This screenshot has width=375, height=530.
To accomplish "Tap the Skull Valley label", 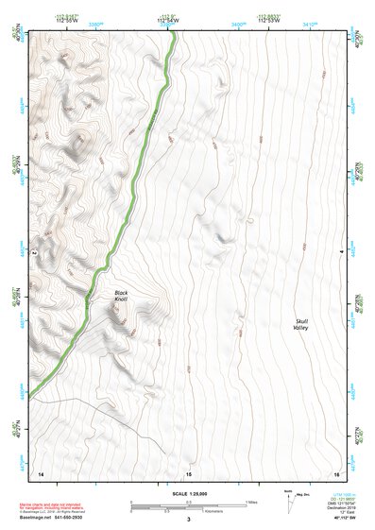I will tap(301, 324).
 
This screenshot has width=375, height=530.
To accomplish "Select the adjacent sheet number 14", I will tap(40, 471).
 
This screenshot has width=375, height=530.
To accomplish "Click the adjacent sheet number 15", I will tap(188, 471).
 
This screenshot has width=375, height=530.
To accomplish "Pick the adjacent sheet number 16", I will tap(335, 471).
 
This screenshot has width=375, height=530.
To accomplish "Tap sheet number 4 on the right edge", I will tap(341, 251).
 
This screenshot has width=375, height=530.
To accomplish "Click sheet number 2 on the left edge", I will tap(34, 253).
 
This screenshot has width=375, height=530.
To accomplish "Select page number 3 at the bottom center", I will tap(188, 519).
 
